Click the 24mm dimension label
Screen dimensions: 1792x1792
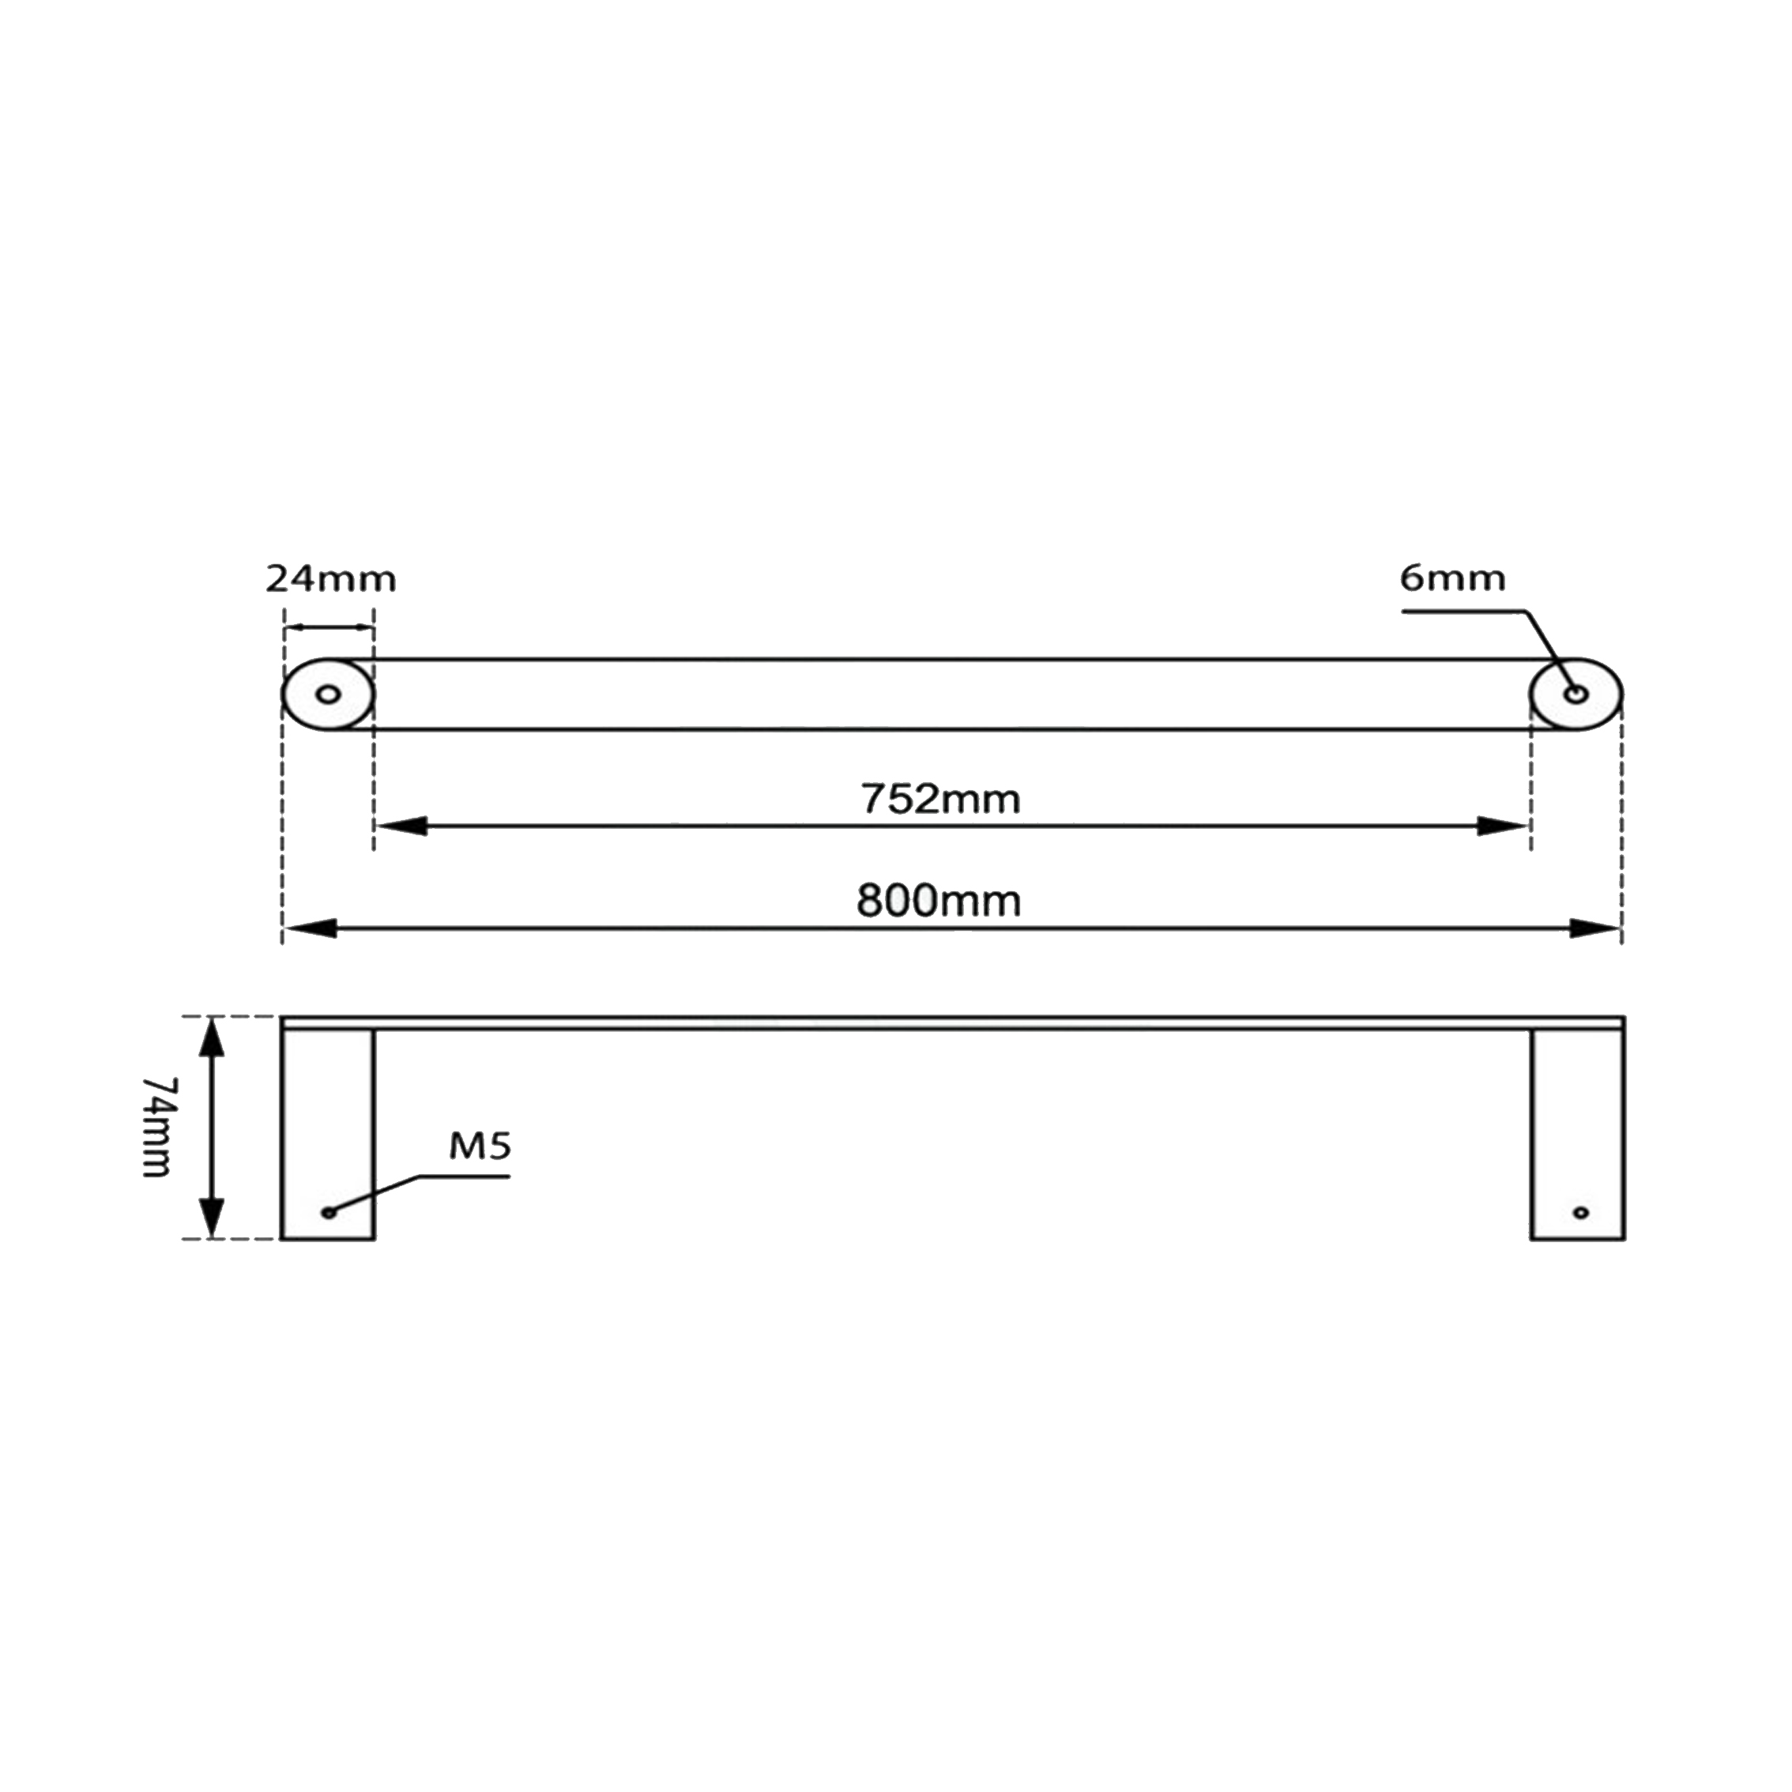point(331,580)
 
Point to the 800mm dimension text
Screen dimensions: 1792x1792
point(939,902)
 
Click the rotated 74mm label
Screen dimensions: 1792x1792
point(156,1127)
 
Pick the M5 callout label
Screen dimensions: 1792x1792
point(480,1146)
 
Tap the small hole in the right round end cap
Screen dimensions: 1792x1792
point(1576,694)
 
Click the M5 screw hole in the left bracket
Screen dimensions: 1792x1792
point(327,1212)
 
